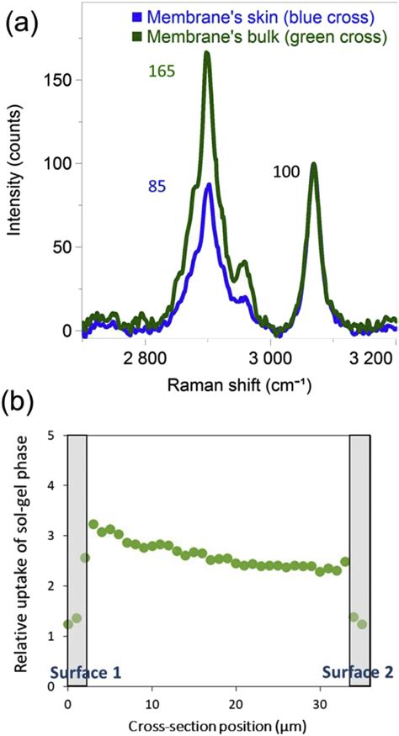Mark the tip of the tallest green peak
[207, 53]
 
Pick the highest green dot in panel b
[93, 524]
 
